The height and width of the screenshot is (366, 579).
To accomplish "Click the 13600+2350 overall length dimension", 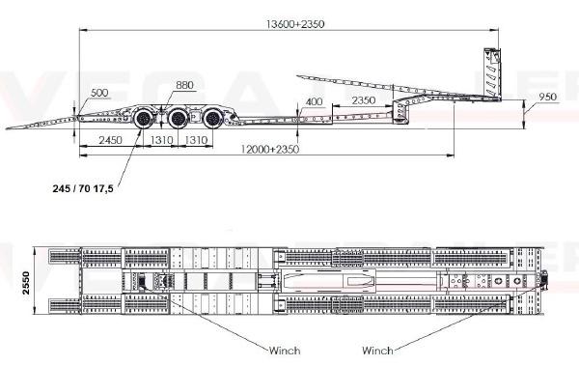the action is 295,24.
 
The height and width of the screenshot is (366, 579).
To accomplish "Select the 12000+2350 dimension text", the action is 270,149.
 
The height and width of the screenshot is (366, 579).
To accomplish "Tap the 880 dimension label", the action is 184,85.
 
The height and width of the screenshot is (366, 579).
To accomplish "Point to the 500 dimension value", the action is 99,93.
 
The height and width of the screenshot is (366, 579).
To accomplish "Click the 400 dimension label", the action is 314,101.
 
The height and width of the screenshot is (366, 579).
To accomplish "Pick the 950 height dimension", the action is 547,97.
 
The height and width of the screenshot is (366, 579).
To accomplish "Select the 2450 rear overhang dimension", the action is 110,140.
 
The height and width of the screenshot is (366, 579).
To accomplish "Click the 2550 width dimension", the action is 26,283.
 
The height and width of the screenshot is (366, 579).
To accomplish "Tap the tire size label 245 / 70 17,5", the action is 83,188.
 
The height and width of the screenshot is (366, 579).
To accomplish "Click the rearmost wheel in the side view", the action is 144,119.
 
